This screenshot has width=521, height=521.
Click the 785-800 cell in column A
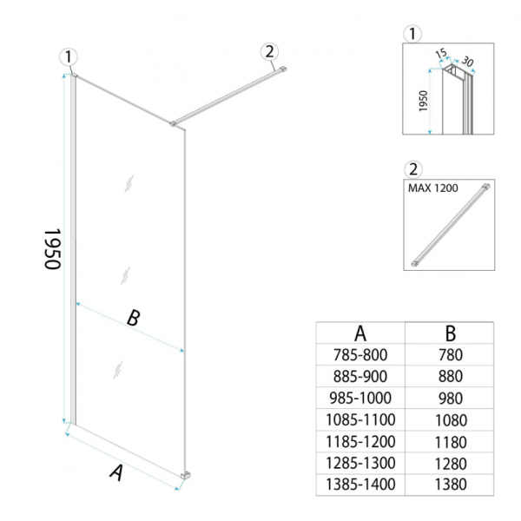[x=360, y=355]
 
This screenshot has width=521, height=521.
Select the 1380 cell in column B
[x=451, y=485]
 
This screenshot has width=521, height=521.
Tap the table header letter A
[x=360, y=333]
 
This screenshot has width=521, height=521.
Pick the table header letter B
[x=451, y=333]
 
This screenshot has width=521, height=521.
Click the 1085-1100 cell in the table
[x=360, y=419]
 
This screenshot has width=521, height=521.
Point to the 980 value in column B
[x=451, y=399]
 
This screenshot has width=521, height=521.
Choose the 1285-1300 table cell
[x=360, y=463]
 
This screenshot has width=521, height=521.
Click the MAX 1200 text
[x=432, y=188]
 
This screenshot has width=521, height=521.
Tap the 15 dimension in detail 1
[x=441, y=53]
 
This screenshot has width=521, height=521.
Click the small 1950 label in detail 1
[x=423, y=101]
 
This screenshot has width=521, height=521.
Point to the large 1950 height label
[x=52, y=249]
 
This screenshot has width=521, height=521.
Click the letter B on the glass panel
[x=134, y=318]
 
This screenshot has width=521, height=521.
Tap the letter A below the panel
[x=116, y=473]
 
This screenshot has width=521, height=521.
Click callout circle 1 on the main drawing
[x=69, y=56]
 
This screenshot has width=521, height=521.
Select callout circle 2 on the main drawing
[x=269, y=52]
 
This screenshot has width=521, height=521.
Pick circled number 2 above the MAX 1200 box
[x=413, y=169]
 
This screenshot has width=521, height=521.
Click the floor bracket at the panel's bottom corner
[x=186, y=476]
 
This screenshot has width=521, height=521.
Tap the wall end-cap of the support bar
[x=283, y=69]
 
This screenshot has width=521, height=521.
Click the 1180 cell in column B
[x=451, y=442]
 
